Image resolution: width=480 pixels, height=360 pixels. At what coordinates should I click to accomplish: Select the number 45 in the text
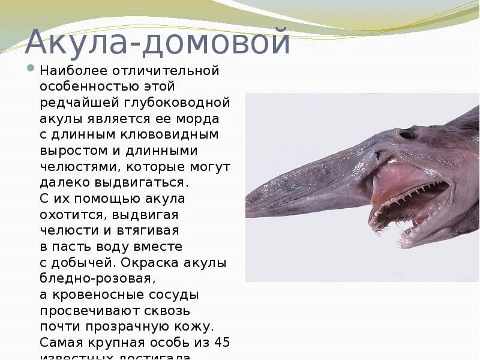pyautogui.click(x=221, y=343)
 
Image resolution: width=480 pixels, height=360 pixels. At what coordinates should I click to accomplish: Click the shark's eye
pyautogui.click(x=407, y=134)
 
